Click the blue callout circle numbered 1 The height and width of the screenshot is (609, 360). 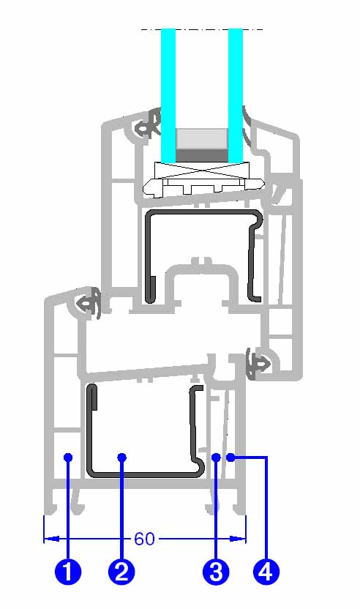[x=68, y=572]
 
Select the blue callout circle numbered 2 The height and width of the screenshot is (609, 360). [x=121, y=572]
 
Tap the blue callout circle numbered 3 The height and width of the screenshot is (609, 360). [x=216, y=572]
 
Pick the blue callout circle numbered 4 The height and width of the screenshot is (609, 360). [x=266, y=572]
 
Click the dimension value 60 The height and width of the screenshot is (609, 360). [x=144, y=539]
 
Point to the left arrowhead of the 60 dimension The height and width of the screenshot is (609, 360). [x=51, y=539]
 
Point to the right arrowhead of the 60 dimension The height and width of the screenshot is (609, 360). [x=238, y=539]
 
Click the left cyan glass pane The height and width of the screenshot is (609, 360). [x=168, y=96]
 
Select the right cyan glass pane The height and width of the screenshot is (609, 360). [x=236, y=96]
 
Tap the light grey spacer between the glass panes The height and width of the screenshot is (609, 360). [x=201, y=138]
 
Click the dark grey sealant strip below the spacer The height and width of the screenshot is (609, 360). [x=201, y=154]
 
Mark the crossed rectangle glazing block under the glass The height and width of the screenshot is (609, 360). [x=201, y=170]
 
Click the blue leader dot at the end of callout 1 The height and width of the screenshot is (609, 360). [x=68, y=457]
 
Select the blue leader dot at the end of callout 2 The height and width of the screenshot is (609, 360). [x=122, y=457]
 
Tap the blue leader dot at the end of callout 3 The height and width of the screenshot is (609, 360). [x=217, y=457]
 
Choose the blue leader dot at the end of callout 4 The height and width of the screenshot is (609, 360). [x=231, y=457]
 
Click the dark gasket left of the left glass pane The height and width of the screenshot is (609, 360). [x=149, y=124]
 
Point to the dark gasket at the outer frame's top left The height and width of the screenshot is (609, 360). [x=90, y=304]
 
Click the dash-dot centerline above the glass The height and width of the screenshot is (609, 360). [x=202, y=29]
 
